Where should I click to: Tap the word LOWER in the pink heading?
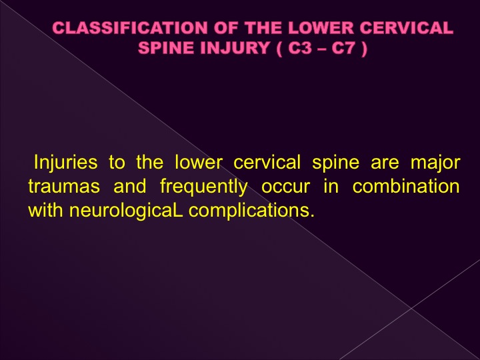(321, 28)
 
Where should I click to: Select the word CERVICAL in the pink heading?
(407, 28)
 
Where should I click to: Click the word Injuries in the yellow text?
(65, 163)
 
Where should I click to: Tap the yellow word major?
(435, 163)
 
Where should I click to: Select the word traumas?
(64, 186)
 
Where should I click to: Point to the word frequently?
(204, 187)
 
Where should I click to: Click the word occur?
(285, 187)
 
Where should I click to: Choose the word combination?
(406, 186)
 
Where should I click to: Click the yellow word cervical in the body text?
(267, 162)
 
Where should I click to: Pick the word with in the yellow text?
(45, 210)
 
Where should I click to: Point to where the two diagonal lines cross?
(411, 307)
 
